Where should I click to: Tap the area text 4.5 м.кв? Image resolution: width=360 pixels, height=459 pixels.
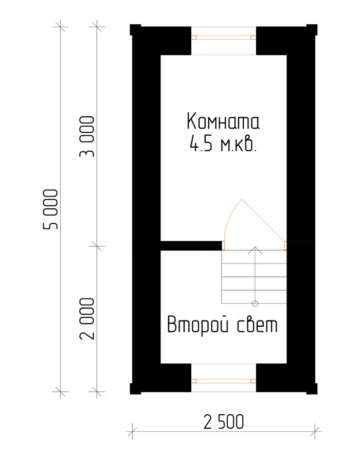tap(223, 144)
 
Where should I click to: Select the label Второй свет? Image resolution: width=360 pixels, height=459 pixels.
tap(223, 325)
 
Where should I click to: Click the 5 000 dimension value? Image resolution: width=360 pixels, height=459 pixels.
tap(51, 209)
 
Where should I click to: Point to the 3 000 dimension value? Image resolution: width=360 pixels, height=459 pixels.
tap(87, 137)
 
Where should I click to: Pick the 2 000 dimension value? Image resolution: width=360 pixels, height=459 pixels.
tap(87, 319)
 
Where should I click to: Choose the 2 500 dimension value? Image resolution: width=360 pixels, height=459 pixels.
tap(224, 422)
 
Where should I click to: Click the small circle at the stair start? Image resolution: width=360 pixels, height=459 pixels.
tap(255, 304)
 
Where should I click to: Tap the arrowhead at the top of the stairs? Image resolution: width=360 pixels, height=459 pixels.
tap(255, 250)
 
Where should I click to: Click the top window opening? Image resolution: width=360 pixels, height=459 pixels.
tap(224, 41)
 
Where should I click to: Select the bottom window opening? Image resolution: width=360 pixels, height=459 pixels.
tap(224, 378)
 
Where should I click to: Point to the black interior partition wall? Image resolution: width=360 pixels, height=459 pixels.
tap(191, 245)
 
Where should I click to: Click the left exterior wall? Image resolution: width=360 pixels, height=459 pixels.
tap(146, 209)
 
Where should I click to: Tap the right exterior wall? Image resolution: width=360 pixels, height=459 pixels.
tap(301, 209)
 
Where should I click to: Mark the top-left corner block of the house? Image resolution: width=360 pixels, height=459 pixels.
tap(135, 30)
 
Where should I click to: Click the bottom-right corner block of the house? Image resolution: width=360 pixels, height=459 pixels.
tap(312, 389)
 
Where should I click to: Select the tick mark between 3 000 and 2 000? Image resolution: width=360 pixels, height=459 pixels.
tap(97, 246)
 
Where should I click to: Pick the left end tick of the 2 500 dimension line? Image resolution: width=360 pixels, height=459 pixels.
tap(132, 431)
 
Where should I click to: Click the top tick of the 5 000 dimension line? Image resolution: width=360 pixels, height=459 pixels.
tap(61, 27)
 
